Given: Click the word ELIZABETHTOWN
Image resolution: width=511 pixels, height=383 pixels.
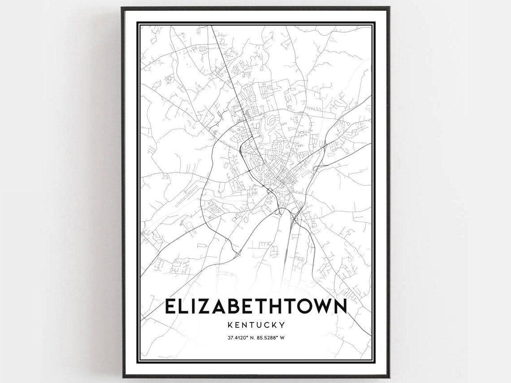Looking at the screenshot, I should coord(255,306).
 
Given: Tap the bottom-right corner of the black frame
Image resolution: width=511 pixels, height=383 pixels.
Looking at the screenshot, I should coord(389,377).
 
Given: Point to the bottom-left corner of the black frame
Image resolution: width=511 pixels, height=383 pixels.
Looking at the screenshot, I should coord(122,377).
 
